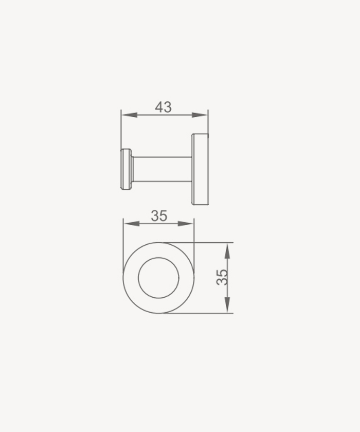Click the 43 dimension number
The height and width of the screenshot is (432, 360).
pos(164,107)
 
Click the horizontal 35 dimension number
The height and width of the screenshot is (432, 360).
pos(159,215)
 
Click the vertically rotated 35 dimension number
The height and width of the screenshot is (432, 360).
pos(222,277)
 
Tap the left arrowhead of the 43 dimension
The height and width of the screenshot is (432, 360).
pos(129,115)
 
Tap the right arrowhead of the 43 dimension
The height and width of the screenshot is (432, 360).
pos(200,115)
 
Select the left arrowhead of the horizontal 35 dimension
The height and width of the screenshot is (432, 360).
pos(131,224)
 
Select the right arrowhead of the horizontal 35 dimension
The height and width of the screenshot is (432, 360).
pos(186,224)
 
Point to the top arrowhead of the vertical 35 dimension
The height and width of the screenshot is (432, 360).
pos(227,251)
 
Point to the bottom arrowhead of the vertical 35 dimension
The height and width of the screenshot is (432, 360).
pos(227,304)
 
